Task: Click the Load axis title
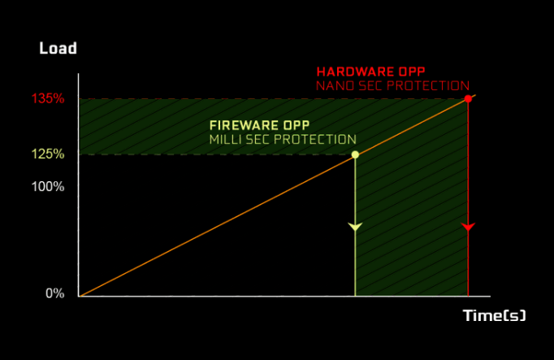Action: click(x=58, y=48)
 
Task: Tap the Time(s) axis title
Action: click(x=494, y=315)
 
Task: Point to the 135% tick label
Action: click(x=48, y=98)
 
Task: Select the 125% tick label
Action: click(x=48, y=154)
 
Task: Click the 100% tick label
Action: click(x=48, y=187)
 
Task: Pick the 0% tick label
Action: click(x=55, y=293)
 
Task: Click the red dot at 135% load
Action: click(x=468, y=98)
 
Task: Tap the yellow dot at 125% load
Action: click(x=355, y=154)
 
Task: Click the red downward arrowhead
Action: click(x=468, y=227)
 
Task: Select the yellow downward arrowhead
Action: click(x=355, y=227)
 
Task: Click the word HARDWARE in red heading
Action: click(x=356, y=72)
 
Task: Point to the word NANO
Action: click(x=335, y=86)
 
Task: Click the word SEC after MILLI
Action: click(x=258, y=140)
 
